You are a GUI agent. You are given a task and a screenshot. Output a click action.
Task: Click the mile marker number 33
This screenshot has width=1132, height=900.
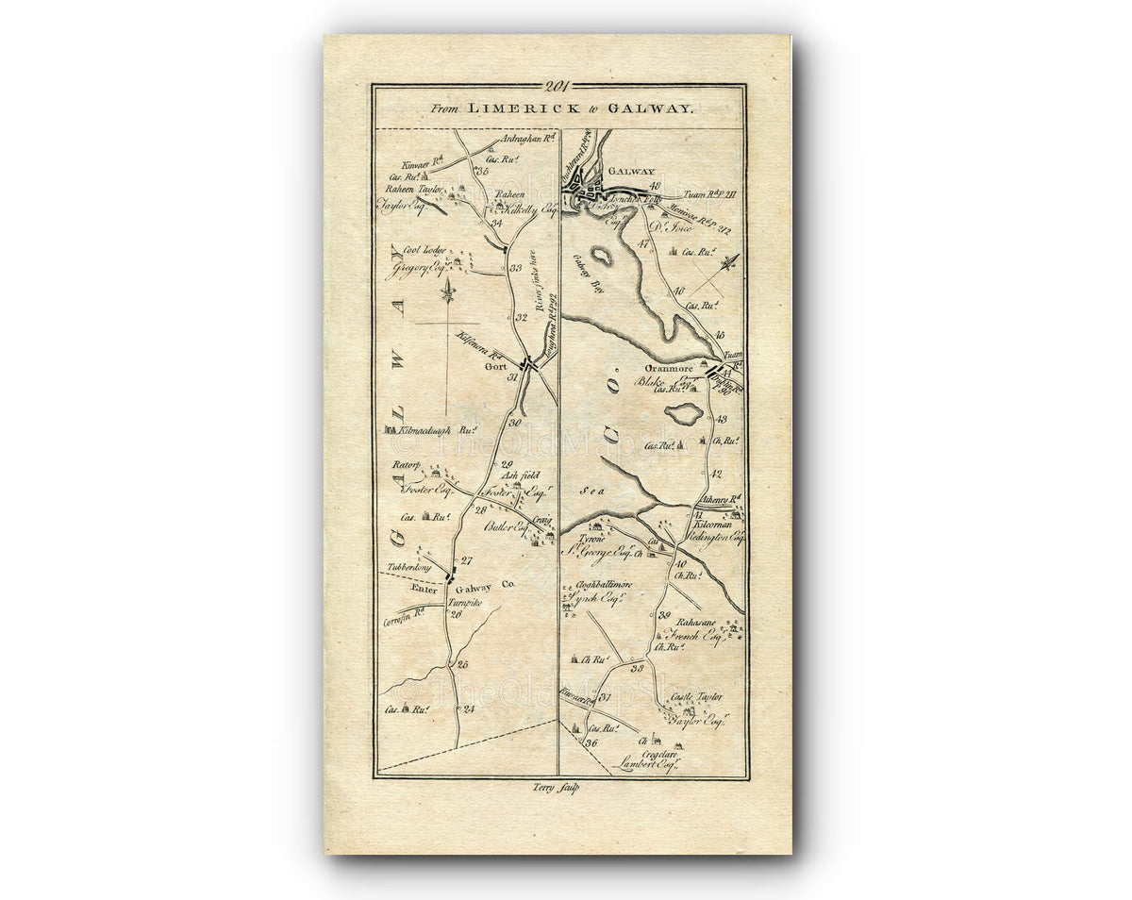coord(515,268)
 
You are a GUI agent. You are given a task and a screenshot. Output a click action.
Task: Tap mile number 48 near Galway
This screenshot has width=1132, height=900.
coord(655,185)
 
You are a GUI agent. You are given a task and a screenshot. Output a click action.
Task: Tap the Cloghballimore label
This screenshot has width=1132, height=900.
coord(597,585)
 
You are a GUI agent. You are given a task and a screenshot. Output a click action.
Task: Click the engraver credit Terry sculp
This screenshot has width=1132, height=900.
coord(560,788)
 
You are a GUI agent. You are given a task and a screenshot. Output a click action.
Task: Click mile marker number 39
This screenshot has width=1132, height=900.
coord(664,615)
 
